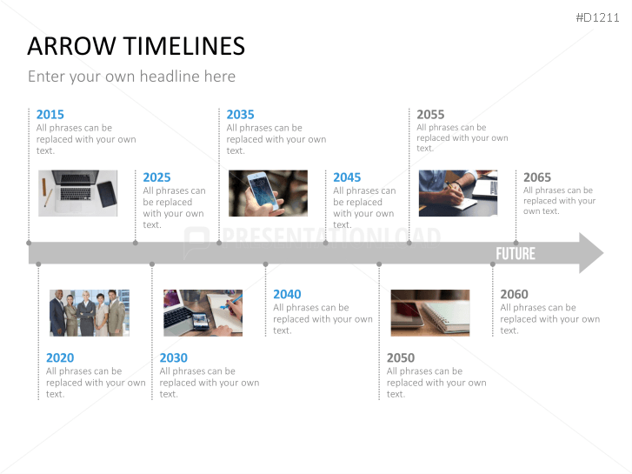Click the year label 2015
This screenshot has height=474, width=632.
tap(50, 115)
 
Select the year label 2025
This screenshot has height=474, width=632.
tap(156, 177)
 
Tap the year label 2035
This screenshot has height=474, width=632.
tap(240, 115)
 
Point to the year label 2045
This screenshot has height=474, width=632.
tap(347, 177)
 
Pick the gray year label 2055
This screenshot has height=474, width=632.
tap(430, 115)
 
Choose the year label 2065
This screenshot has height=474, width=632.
tap(537, 177)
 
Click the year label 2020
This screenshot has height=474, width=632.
tap(60, 357)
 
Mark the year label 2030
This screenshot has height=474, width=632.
tap(173, 357)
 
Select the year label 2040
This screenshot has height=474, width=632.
tap(287, 295)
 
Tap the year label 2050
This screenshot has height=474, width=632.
tap(401, 357)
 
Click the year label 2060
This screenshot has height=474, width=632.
tap(514, 295)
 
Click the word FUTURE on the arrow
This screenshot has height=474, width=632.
tap(516, 254)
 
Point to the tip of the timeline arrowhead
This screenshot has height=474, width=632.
tap(603, 253)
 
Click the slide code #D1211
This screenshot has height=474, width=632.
tap(597, 17)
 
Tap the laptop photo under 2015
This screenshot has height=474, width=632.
tap(77, 193)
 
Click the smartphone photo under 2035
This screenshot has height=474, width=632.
tap(268, 193)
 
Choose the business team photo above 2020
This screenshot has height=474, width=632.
tap(90, 312)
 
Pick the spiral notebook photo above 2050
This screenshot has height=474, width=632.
tap(430, 312)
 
